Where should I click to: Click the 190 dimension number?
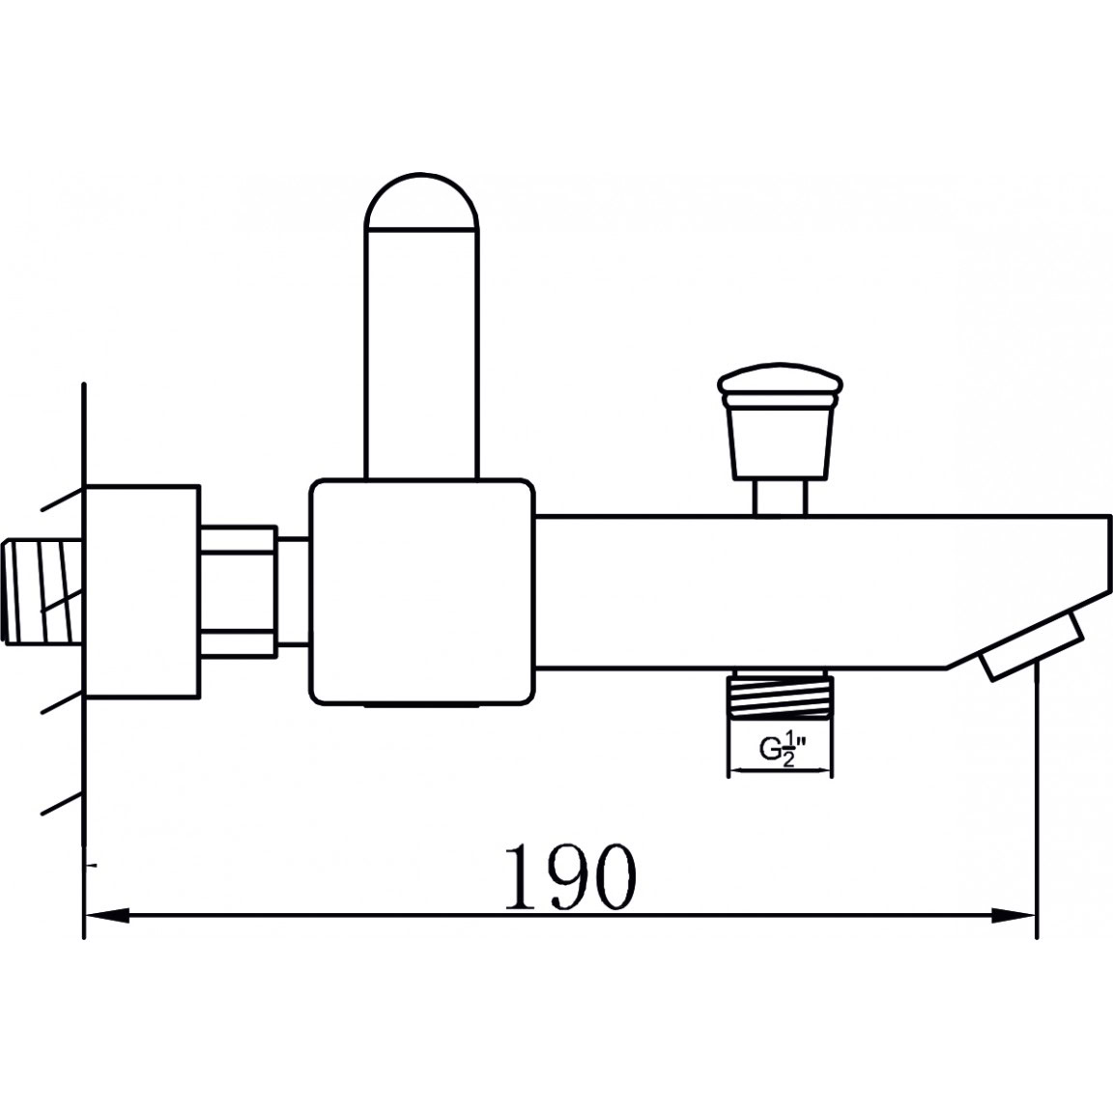pyautogui.click(x=570, y=876)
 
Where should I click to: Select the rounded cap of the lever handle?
pyautogui.click(x=421, y=201)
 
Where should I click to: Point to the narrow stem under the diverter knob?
pyautogui.click(x=780, y=497)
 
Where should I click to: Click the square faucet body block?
pyautogui.click(x=421, y=592)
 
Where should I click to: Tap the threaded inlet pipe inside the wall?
pyautogui.click(x=43, y=592)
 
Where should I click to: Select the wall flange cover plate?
pyautogui.click(x=142, y=592)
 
